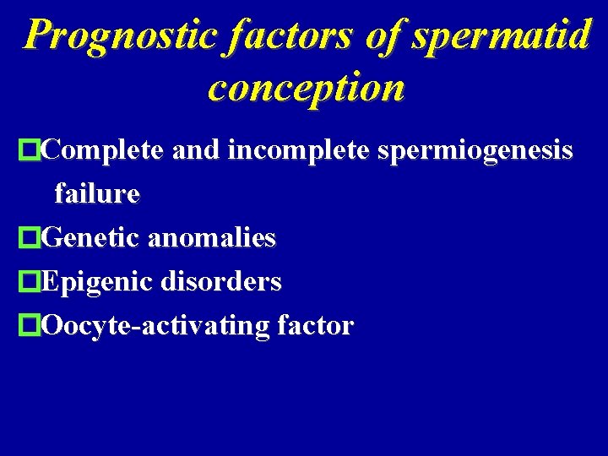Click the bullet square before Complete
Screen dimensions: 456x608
(30, 152)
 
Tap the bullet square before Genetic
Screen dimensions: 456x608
(30, 239)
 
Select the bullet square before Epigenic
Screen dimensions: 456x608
(30, 282)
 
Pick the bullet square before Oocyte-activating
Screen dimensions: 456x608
(30, 325)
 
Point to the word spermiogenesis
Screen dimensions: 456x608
(467, 152)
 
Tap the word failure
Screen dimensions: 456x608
(96, 194)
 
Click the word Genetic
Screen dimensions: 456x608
(90, 238)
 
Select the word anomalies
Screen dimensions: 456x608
(211, 238)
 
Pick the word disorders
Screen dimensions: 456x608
(222, 281)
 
